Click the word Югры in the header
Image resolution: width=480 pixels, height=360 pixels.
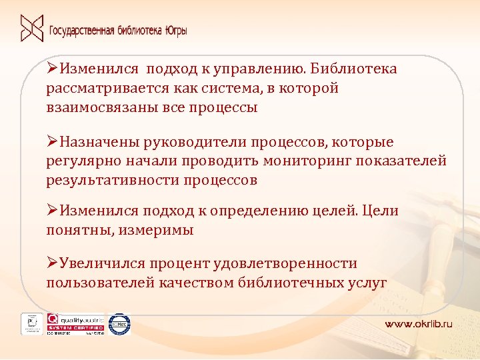[175, 31]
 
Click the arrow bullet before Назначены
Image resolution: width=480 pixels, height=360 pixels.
[52, 142]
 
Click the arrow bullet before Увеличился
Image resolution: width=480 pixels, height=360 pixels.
[52, 264]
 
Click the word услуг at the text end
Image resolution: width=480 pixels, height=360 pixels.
[367, 283]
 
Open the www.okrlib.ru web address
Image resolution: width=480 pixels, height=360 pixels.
[418, 323]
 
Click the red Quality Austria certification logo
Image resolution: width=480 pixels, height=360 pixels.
[75, 323]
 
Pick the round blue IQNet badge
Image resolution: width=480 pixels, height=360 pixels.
[119, 323]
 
